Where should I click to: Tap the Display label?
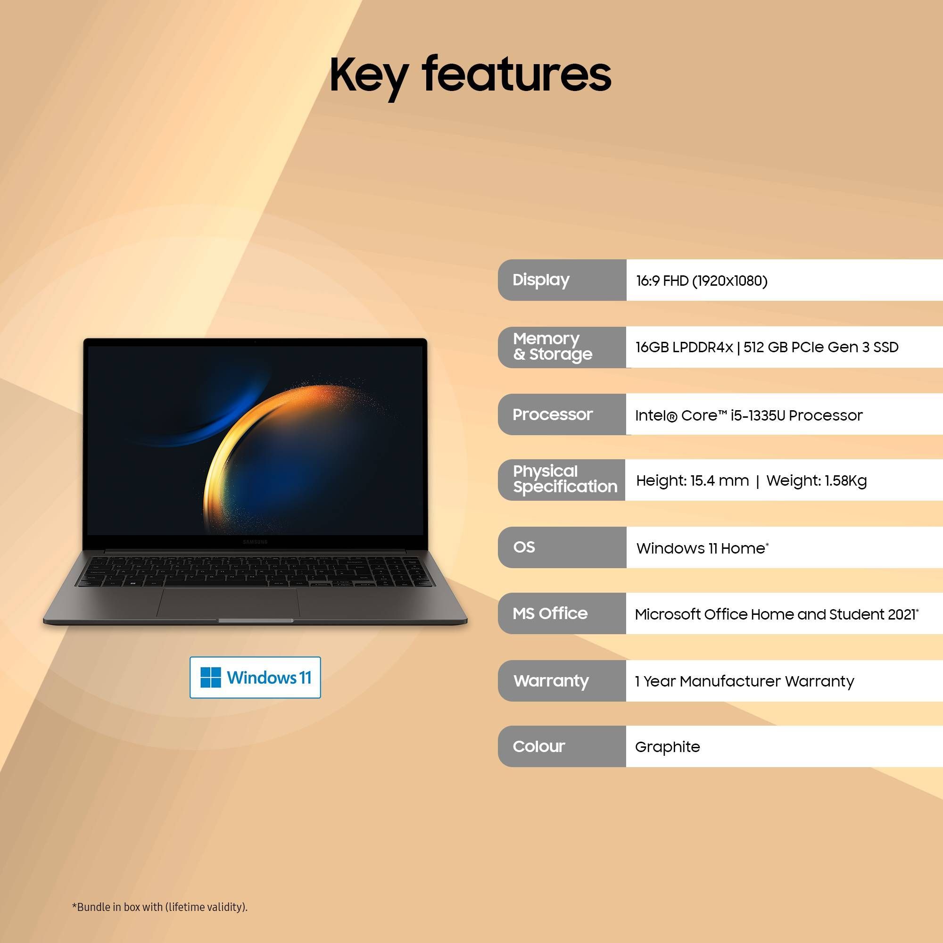tap(541, 280)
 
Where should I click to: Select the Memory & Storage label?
tap(552, 347)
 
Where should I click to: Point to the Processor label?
tap(552, 414)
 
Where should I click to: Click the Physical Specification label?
tap(565, 479)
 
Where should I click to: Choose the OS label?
tap(524, 546)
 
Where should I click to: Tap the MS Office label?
tap(550, 613)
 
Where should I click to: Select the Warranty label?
tap(551, 680)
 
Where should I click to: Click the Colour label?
tap(538, 746)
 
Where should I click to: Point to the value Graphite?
tap(667, 747)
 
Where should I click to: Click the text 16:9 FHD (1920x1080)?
tap(702, 281)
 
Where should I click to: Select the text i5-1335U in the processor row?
tap(758, 415)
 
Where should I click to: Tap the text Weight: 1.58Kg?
tap(816, 481)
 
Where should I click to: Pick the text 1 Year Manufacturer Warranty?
tap(744, 681)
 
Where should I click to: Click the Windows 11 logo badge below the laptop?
tap(255, 678)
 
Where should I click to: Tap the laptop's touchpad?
tap(228, 602)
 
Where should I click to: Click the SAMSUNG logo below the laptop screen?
tap(255, 542)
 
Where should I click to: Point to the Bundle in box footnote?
tap(160, 907)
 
